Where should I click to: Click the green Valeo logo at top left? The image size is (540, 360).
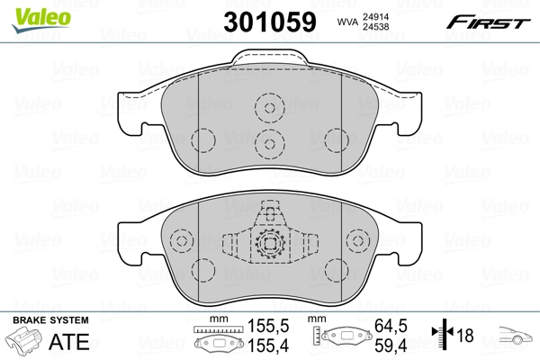coord(30,13)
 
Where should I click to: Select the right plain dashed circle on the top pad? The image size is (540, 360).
coord(336,141)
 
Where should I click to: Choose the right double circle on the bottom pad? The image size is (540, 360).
coord(358,243)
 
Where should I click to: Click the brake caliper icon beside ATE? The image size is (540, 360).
coord(25,342)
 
